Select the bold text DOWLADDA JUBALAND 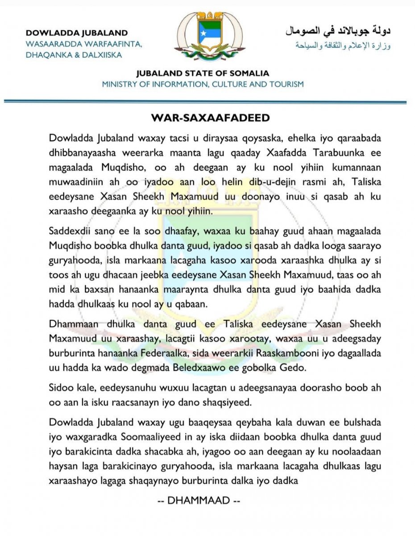point(77,33)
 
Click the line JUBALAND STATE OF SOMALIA point(203,74)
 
